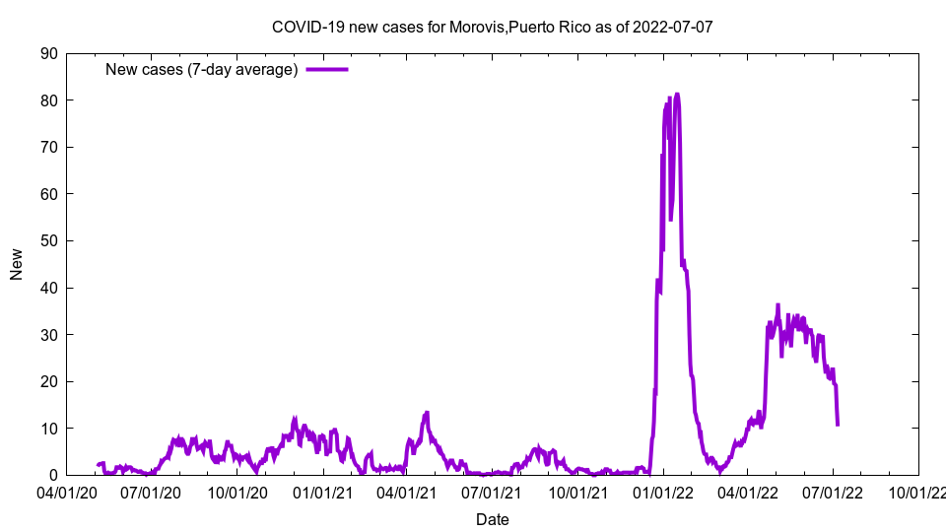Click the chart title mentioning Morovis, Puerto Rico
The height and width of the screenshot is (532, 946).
coord(492,27)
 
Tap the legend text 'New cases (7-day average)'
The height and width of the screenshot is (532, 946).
coord(201,69)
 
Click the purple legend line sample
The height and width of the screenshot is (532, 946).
coord(327,69)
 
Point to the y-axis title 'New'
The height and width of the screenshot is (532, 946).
coord(17,264)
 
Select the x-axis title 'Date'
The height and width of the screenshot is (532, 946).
coord(492,519)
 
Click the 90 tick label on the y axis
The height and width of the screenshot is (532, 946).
coord(48,53)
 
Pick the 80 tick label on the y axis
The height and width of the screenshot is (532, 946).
coord(48,100)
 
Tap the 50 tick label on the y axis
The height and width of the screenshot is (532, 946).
coord(48,241)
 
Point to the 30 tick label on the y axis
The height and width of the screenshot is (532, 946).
coord(48,335)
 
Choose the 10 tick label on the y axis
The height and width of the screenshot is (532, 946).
coord(48,429)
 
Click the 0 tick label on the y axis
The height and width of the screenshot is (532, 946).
coord(53,476)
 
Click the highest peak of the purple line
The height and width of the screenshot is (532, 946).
coord(677,95)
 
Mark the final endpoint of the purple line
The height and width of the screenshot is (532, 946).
coord(838,425)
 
